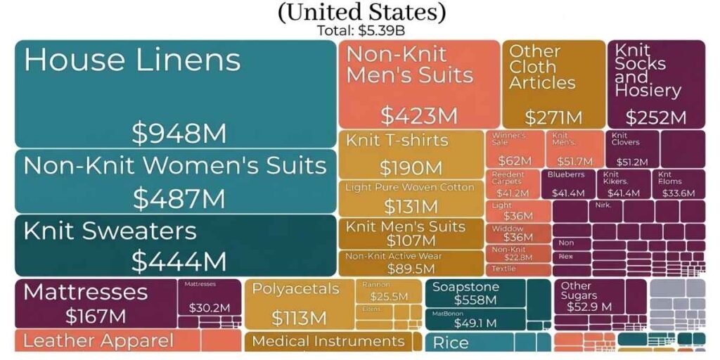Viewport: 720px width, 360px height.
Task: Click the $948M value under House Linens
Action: pos(179,132)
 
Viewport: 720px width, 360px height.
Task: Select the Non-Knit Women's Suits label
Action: pos(175,166)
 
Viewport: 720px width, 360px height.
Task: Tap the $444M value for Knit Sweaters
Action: pos(179,262)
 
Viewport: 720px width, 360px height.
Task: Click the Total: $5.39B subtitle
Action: pos(361,31)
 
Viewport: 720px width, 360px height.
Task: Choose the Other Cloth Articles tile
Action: pos(553,84)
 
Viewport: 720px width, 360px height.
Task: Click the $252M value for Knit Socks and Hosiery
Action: pos(655,117)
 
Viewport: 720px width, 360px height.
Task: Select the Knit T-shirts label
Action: pos(397,140)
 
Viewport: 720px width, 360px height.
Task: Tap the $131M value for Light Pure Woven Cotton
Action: pos(411,207)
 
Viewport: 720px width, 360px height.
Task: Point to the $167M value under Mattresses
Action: pos(96,316)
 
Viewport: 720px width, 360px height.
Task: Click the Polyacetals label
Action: pos(295,289)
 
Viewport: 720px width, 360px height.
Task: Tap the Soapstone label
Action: pos(465,287)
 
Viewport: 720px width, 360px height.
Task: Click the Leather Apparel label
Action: pos(98,341)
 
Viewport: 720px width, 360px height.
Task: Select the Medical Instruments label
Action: pos(328,342)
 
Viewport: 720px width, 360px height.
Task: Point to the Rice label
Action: pos(451,344)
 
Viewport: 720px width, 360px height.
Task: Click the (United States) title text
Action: pos(361,12)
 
